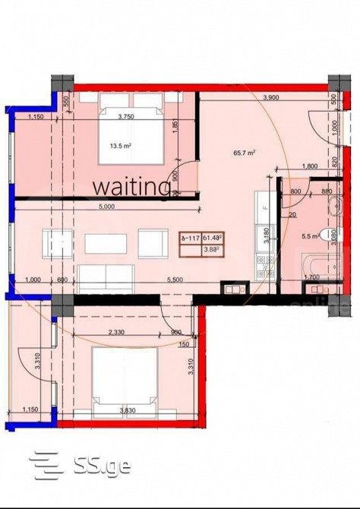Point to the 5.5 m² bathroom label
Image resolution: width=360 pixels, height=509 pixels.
click(x=309, y=237)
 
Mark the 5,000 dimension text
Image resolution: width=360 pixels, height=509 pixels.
click(x=106, y=206)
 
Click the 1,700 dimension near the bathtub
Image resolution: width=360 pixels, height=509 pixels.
click(x=311, y=278)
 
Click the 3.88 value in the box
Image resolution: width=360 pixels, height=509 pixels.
click(x=212, y=248)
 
